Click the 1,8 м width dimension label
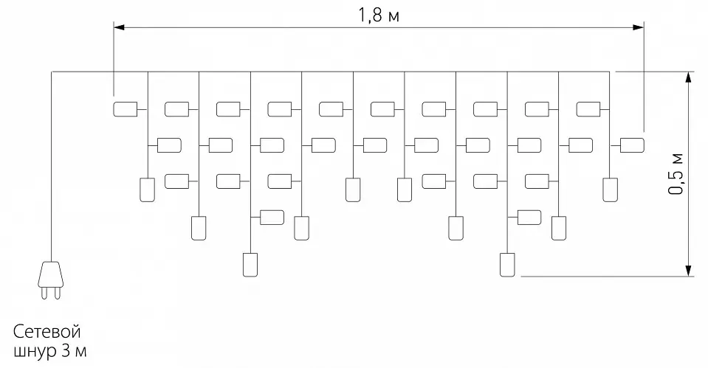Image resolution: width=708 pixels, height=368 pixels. (x=379, y=15)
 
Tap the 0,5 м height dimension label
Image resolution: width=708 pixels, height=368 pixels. (x=676, y=174)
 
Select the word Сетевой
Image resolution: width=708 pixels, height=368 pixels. (x=47, y=331)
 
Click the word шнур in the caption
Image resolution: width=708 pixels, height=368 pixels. (x=34, y=351)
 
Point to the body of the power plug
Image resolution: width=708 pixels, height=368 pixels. (x=50, y=274)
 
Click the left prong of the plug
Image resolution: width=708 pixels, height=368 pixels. (x=44, y=293)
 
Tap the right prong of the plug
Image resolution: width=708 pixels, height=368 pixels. (x=57, y=293)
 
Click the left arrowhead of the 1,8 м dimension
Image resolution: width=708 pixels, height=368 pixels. (x=119, y=27)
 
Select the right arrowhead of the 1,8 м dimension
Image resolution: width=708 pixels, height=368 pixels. (x=639, y=27)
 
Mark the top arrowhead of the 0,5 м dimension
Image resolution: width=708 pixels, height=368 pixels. (x=688, y=77)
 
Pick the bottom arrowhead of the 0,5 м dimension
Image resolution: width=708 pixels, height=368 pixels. (x=688, y=270)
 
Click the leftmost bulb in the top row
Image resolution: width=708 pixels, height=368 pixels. (x=125, y=109)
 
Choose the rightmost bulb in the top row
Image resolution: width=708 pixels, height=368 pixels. (x=588, y=109)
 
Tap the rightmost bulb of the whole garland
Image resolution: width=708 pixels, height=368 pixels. (x=632, y=145)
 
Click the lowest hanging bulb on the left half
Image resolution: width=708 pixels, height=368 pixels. (x=250, y=265)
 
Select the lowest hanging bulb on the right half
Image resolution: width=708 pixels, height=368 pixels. (x=507, y=265)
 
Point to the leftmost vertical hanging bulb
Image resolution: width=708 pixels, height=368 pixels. (x=147, y=190)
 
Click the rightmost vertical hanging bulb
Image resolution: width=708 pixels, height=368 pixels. (x=610, y=190)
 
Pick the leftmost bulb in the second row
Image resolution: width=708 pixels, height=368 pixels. (x=169, y=145)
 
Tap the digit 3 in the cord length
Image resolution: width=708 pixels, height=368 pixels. (x=65, y=351)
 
